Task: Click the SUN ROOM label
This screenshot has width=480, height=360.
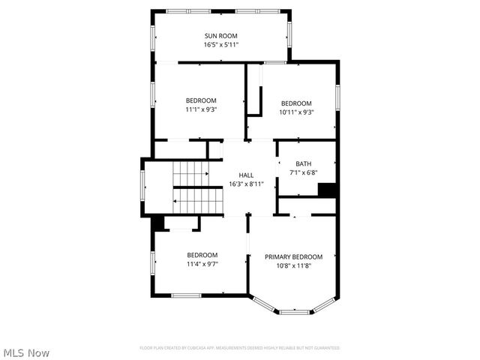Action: [x=222, y=36]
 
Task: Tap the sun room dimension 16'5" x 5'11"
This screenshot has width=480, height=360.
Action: [x=222, y=45]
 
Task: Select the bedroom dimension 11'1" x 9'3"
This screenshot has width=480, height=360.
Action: [x=202, y=109]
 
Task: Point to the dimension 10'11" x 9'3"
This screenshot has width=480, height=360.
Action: [x=296, y=112]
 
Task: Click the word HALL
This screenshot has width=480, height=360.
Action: [x=246, y=175]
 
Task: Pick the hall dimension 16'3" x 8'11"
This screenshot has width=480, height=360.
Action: [x=246, y=184]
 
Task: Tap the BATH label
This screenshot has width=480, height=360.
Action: [x=303, y=164]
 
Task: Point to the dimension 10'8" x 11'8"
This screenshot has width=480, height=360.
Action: [x=294, y=265]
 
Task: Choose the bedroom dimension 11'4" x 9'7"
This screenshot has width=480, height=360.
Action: [x=202, y=264]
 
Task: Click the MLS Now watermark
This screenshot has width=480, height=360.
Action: [x=26, y=352]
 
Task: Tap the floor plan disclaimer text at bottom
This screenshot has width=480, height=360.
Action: [x=240, y=348]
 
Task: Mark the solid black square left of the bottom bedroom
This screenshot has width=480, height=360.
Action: [x=158, y=223]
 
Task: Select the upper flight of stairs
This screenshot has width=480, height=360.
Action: [x=190, y=174]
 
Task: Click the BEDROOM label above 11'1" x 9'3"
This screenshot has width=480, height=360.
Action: [x=202, y=100]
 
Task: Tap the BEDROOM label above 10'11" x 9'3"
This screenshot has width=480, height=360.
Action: [x=296, y=103]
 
